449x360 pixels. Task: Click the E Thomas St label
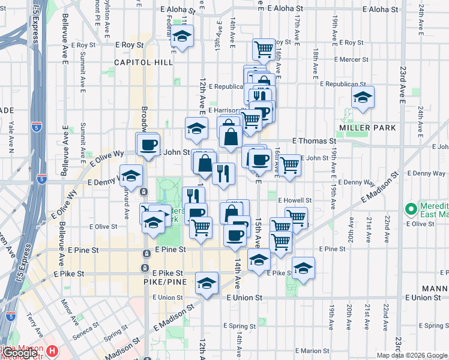[314, 140]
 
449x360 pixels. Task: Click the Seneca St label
[86, 329]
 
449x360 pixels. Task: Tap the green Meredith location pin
[411, 210]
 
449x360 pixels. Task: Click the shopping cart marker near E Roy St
[264, 49]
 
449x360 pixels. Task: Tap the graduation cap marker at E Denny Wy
[131, 176]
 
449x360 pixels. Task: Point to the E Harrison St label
[226, 111]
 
